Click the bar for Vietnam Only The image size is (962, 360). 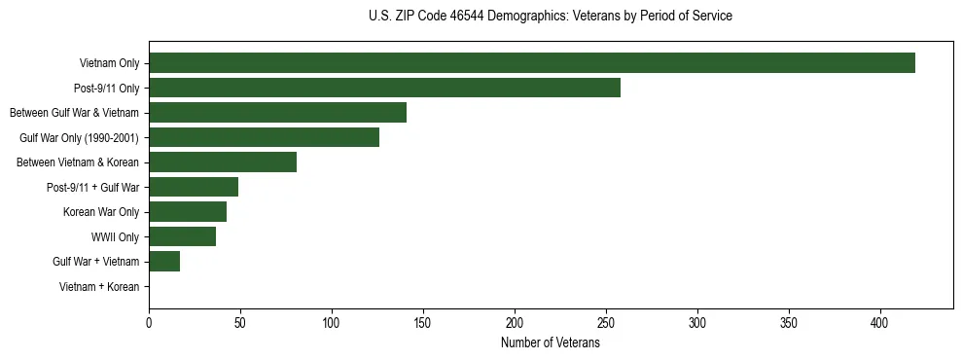click(x=531, y=63)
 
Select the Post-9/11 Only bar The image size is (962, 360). click(x=384, y=88)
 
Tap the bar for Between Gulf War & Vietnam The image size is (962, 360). click(x=277, y=113)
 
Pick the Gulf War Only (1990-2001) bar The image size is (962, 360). click(x=264, y=137)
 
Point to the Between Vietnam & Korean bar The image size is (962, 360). click(x=223, y=162)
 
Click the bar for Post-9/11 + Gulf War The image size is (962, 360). click(x=194, y=187)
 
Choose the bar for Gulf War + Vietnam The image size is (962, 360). click(x=164, y=262)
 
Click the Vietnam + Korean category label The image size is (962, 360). click(x=99, y=287)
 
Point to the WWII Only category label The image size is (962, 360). click(x=115, y=237)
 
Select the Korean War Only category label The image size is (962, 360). click(x=101, y=212)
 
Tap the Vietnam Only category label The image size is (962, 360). click(x=109, y=63)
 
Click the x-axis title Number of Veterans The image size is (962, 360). click(x=551, y=343)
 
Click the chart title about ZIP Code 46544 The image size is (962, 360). click(x=551, y=17)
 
